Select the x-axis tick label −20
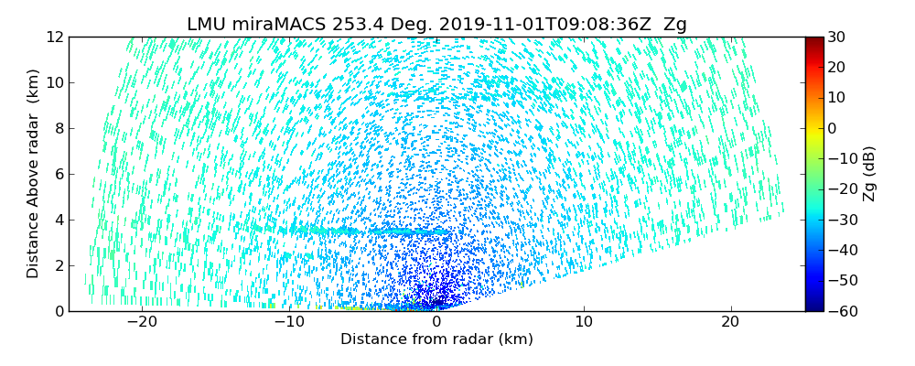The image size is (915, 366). point(142,323)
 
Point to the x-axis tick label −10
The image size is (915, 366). point(289,323)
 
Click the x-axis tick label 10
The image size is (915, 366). point(583,323)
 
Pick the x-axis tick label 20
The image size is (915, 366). point(730,323)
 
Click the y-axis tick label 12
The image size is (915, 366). point(55,38)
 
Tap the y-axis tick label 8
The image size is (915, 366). point(59,129)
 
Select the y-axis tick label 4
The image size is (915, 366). point(59,221)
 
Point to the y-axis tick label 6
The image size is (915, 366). point(59,175)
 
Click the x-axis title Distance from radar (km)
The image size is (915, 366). point(436,339)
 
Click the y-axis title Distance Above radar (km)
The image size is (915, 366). point(34,174)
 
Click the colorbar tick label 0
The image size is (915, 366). point(834,129)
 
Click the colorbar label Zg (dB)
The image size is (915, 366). point(869,174)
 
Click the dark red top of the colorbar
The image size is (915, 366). point(814,41)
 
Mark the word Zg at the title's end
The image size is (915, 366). point(675,25)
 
